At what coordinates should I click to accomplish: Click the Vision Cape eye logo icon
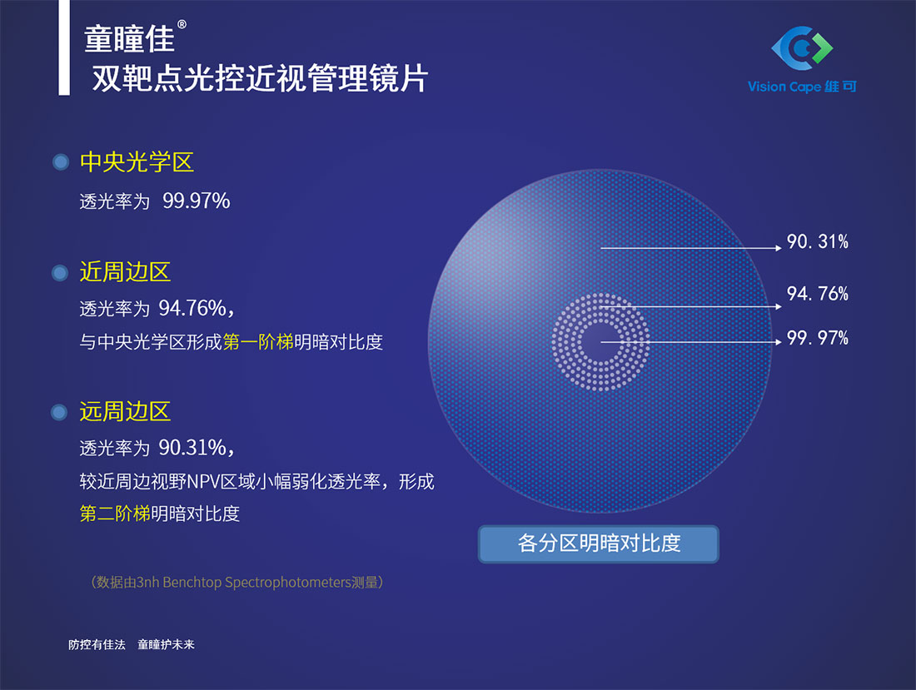802,46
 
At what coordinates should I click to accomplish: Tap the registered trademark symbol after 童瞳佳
182,24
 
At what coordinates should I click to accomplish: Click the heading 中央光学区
137,161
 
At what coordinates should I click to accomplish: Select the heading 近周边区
125,272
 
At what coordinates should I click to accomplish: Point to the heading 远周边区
125,411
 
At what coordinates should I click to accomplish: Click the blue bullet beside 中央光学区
61,161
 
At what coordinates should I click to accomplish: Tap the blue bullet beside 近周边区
60,273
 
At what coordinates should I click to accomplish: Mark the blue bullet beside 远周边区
59,412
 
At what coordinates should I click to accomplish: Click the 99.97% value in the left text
197,201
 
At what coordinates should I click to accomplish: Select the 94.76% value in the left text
193,308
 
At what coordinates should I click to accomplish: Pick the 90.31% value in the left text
193,447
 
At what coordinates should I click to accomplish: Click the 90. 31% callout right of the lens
817,241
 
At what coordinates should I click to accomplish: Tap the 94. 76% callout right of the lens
817,293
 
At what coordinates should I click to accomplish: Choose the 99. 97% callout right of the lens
817,338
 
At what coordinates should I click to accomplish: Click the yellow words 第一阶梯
258,341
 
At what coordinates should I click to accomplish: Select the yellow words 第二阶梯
115,513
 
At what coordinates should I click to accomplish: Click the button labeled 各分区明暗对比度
599,544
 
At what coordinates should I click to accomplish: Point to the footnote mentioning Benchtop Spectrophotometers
236,582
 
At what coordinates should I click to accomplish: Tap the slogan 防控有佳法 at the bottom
97,644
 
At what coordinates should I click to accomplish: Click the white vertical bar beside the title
64,47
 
